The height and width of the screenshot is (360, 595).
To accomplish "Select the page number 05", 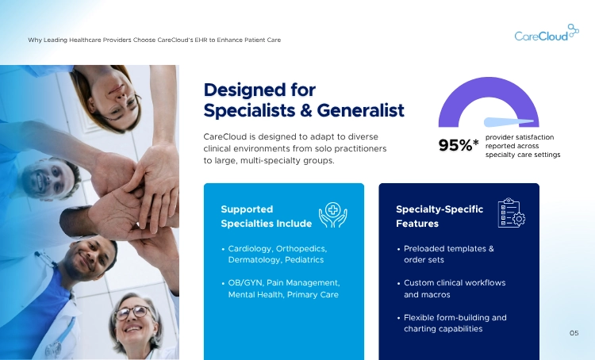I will tap(574, 333).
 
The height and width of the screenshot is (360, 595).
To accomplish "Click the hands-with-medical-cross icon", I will tap(332, 215).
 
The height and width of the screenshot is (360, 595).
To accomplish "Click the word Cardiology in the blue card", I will tap(249, 248).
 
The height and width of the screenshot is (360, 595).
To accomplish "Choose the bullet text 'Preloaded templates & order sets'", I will tap(448, 254).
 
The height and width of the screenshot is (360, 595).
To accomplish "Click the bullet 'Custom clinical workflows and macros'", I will tap(454, 289).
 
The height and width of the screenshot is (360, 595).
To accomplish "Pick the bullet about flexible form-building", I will tap(455, 323).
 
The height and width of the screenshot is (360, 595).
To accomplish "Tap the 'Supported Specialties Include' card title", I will tap(266, 216).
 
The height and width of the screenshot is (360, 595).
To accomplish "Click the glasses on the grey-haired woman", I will tap(130, 312).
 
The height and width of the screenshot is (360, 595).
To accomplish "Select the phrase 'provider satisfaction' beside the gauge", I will tap(520, 136).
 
